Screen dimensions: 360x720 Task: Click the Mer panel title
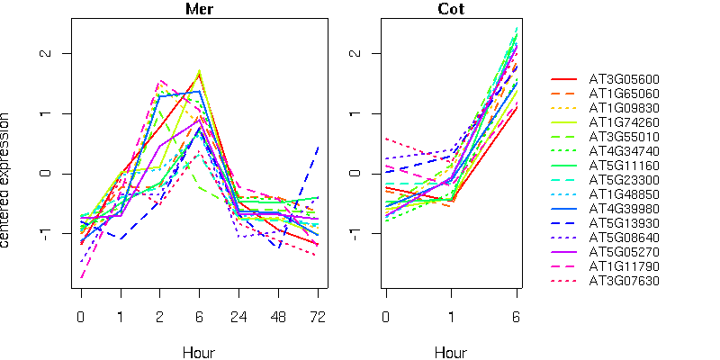pos(199,10)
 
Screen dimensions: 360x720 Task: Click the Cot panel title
pos(452,10)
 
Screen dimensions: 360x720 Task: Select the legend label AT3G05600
pos(623,79)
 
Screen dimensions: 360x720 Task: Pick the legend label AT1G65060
pos(623,94)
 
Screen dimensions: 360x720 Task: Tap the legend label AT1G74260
pos(623,122)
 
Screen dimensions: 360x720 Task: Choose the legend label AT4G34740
pos(623,150)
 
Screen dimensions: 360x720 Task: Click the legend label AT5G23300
pos(623,179)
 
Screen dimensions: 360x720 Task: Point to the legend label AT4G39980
pos(623,208)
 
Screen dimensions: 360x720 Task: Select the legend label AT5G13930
pos(623,222)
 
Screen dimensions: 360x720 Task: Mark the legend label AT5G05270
pos(623,251)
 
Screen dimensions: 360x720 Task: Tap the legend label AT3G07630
pos(623,280)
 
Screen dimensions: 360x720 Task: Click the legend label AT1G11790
pos(623,265)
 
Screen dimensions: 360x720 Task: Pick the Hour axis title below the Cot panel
pos(452,353)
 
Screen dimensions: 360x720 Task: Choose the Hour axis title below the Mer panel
pos(199,353)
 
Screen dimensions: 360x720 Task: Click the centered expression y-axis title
pos(7,180)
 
